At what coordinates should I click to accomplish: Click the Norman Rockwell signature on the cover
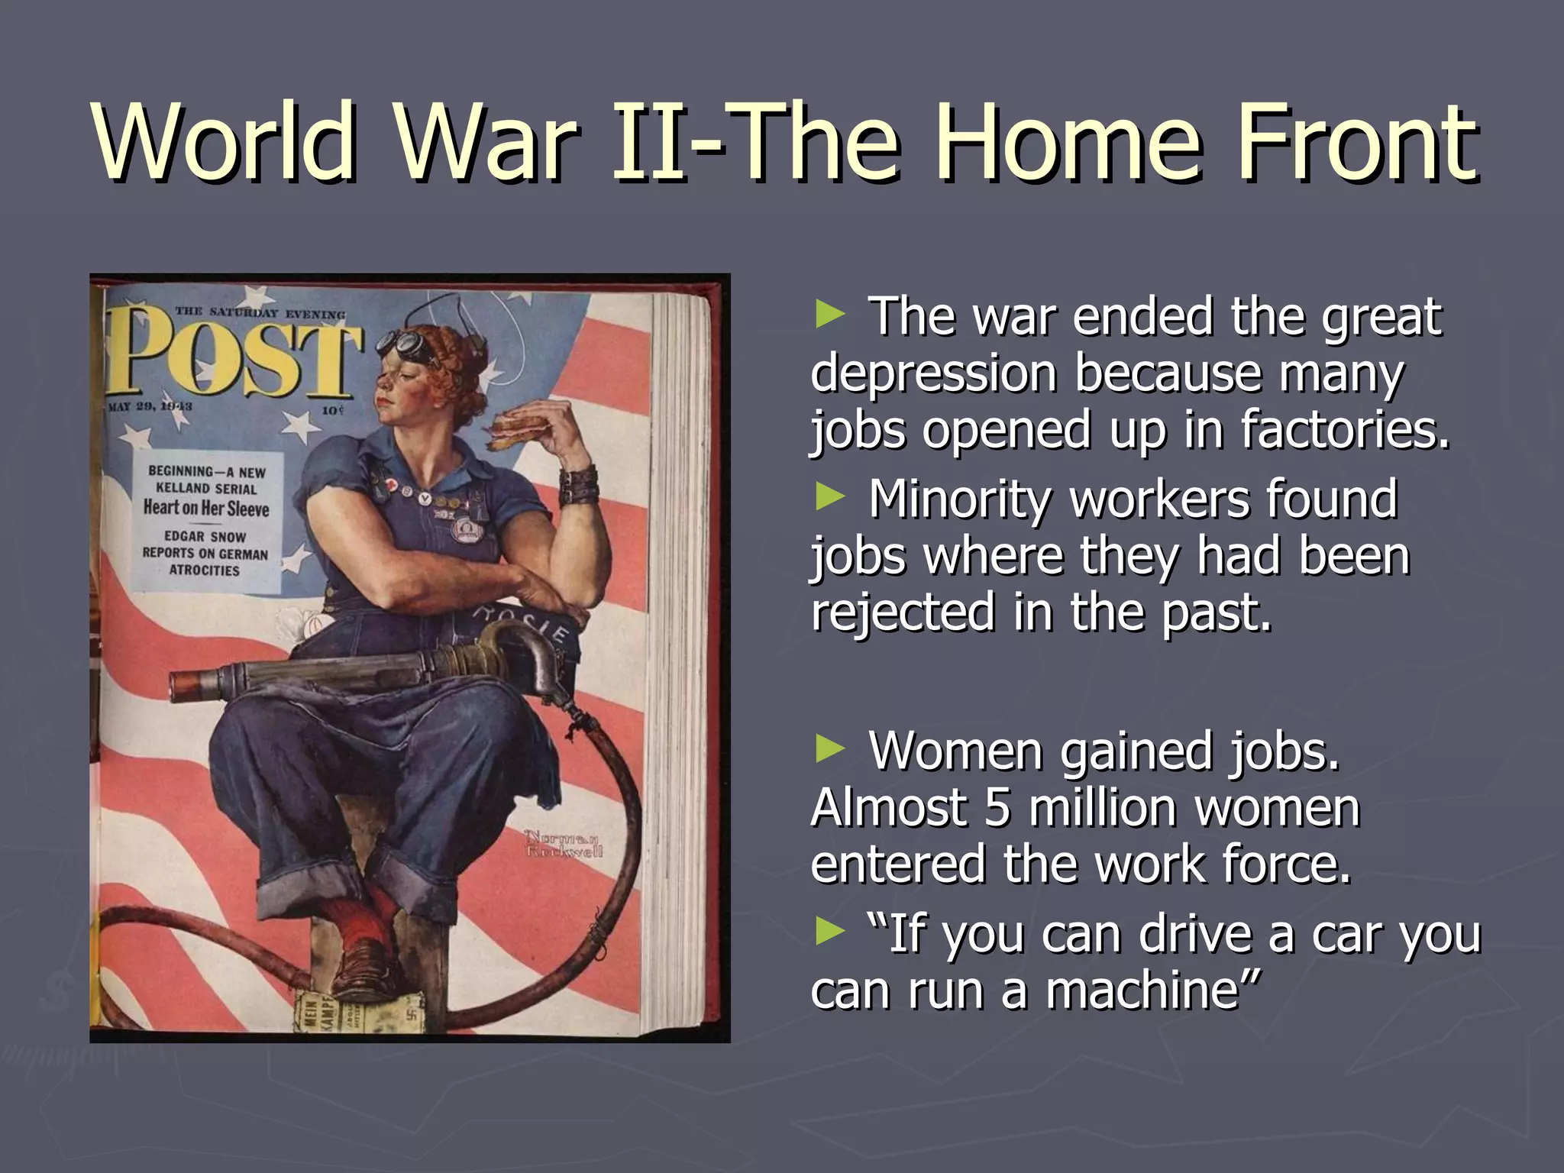click(x=564, y=843)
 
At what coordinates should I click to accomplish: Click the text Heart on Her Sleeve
click(x=206, y=508)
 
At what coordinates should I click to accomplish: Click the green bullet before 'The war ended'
click(x=830, y=314)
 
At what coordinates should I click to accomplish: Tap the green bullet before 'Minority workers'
click(x=830, y=497)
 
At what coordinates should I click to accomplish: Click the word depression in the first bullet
click(x=934, y=373)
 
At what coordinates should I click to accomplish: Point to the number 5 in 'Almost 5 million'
click(x=997, y=808)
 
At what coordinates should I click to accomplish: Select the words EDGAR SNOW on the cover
click(x=205, y=536)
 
